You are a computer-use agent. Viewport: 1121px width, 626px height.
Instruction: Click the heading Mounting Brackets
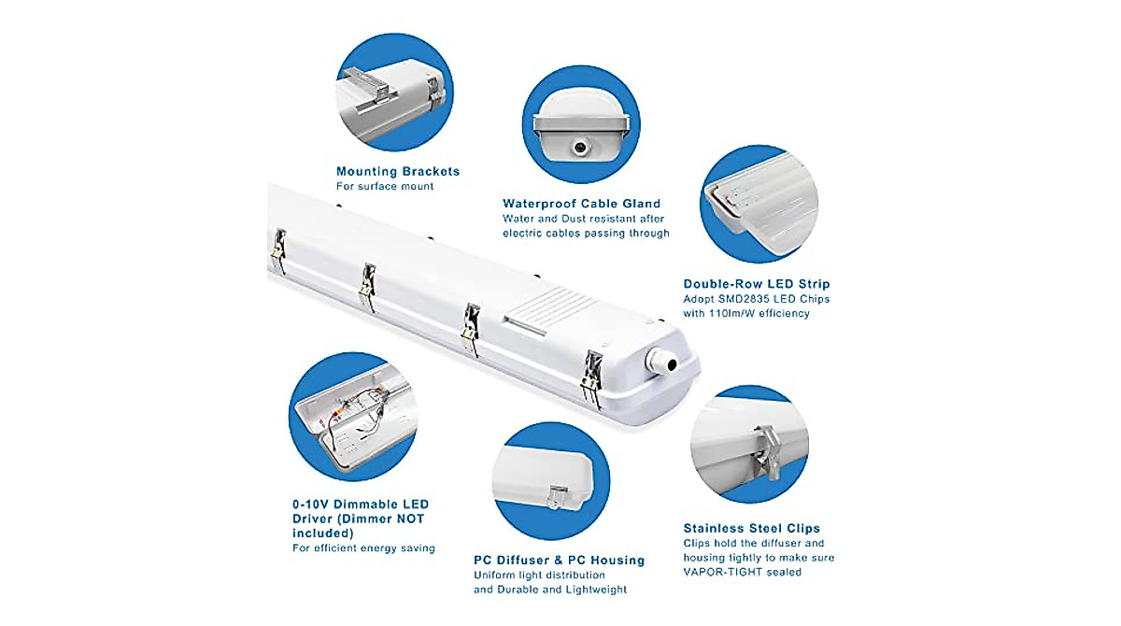398,171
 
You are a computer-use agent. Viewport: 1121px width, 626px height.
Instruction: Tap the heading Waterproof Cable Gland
581,203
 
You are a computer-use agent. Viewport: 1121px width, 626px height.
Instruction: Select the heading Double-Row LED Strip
756,283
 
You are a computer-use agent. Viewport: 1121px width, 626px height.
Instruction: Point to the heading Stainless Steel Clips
751,528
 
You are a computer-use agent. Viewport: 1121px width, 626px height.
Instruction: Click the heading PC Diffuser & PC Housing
559,560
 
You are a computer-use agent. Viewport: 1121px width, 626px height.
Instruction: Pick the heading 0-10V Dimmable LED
360,505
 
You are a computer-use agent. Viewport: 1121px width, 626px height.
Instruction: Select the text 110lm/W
741,314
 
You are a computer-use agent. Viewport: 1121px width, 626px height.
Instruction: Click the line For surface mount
385,187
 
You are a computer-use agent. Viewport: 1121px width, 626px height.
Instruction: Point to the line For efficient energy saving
363,548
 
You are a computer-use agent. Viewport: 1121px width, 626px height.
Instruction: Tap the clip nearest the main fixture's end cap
592,377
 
